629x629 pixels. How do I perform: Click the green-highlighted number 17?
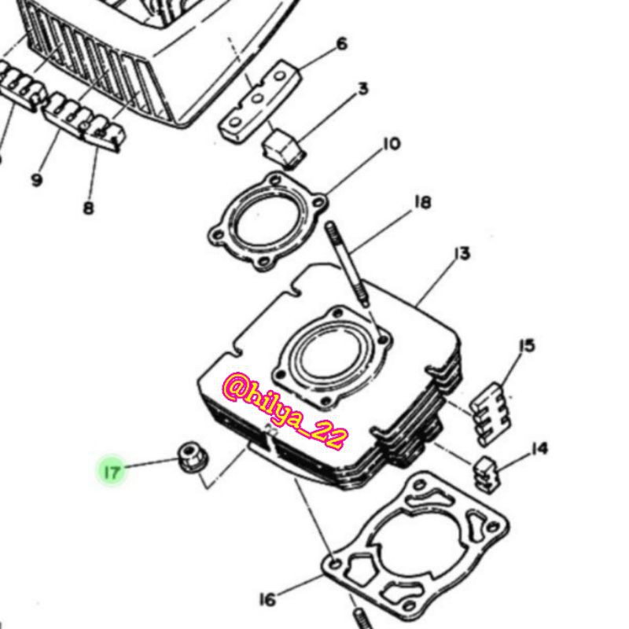[112, 471]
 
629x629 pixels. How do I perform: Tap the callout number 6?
[341, 44]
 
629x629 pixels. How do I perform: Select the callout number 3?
[363, 89]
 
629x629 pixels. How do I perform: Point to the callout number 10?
[392, 144]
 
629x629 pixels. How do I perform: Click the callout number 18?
[422, 202]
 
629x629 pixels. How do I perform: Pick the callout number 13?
[462, 253]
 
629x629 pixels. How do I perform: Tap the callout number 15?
[527, 345]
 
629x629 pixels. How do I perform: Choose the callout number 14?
[539, 448]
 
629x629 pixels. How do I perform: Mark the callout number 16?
[268, 600]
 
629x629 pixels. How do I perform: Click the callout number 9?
[36, 180]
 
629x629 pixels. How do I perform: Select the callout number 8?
[89, 208]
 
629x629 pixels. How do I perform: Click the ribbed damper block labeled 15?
[491, 414]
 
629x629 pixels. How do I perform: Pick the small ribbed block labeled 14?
[486, 474]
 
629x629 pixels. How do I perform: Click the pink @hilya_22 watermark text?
[285, 410]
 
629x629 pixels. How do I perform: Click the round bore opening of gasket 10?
[267, 223]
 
